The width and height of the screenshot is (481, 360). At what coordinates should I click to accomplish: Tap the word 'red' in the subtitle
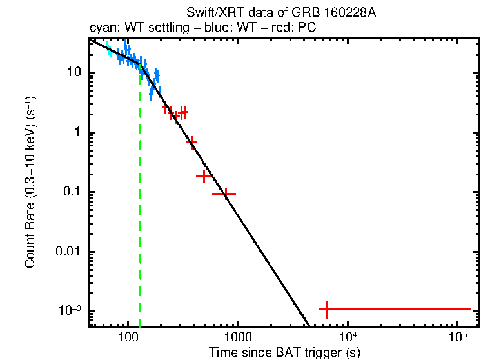pyautogui.click(x=278, y=28)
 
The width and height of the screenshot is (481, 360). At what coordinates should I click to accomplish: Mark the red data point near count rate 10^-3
pyautogui.click(x=327, y=310)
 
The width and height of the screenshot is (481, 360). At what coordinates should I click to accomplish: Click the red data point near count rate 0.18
pyautogui.click(x=204, y=175)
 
